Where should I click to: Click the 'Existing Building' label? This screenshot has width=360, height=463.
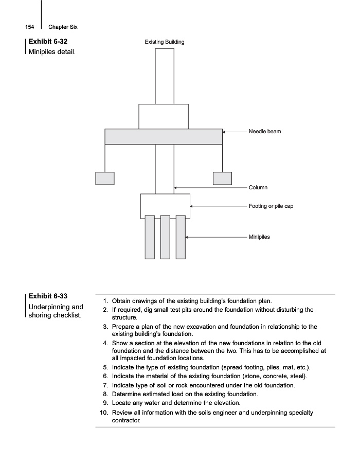164,42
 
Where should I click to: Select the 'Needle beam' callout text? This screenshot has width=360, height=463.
265,132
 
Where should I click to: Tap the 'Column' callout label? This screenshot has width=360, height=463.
258,188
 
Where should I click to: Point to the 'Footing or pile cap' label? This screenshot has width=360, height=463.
271,206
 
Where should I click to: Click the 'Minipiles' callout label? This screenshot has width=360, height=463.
259,237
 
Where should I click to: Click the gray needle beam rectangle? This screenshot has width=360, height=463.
164,136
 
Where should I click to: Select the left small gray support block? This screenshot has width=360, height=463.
105,178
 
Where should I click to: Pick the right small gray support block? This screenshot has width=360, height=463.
222,178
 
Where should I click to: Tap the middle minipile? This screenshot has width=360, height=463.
165,237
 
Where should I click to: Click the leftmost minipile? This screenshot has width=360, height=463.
150,237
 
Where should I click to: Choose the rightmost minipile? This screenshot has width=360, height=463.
181,237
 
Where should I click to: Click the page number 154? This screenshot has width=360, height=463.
29,27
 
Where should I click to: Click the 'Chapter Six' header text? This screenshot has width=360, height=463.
63,27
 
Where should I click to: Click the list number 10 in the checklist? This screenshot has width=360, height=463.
103,413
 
